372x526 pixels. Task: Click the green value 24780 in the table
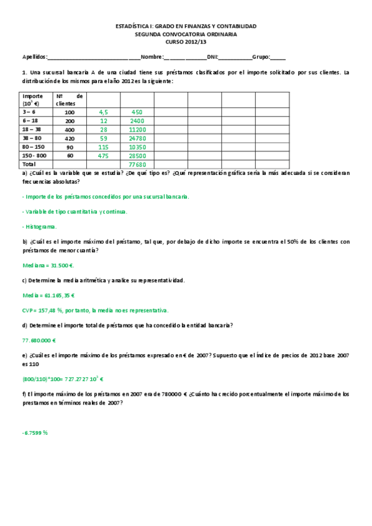click(137, 138)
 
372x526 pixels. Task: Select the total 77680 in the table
click(137, 165)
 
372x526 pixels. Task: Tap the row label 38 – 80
click(32, 138)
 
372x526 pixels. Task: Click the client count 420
click(70, 138)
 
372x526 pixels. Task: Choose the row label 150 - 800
click(35, 156)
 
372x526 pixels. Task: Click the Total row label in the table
click(29, 165)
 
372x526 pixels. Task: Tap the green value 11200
click(137, 130)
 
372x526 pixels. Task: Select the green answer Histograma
click(39, 227)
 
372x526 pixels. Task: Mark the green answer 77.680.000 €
click(39, 340)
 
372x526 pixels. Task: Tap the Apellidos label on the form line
click(34, 56)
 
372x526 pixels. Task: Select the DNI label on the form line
click(212, 56)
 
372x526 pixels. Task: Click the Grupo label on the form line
click(261, 56)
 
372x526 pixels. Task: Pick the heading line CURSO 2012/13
click(186, 41)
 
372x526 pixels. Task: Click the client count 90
click(70, 147)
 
